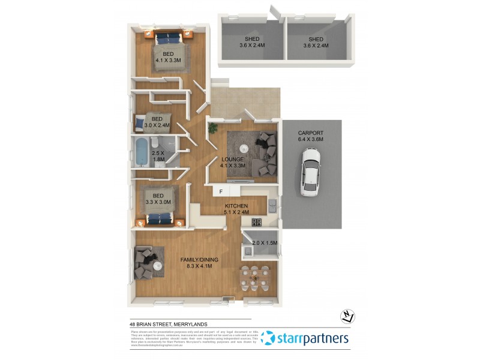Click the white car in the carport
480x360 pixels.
311,172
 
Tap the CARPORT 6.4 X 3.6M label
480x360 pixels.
311,136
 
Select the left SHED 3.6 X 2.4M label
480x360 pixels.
252,42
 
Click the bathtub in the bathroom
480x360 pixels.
141,152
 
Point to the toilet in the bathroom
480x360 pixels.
154,142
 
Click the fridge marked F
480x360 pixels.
221,191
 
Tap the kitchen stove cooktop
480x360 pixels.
256,223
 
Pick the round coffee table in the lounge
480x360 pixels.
244,149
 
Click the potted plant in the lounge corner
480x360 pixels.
212,127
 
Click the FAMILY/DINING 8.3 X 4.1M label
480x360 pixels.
199,263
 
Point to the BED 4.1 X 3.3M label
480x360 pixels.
169,58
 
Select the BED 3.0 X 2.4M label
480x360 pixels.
157,122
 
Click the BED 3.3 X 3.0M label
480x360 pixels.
158,199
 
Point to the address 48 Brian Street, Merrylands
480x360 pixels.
169,324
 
